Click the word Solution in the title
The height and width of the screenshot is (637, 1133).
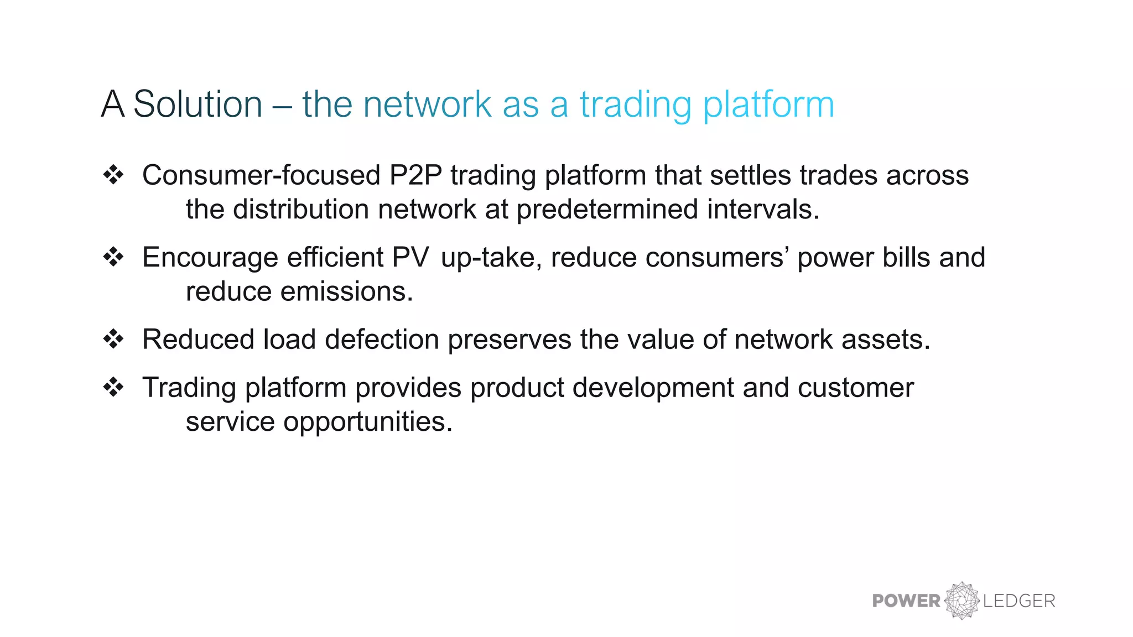(198, 104)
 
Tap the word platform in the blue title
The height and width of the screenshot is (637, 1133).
(768, 105)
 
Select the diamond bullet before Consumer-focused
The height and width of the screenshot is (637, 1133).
(113, 175)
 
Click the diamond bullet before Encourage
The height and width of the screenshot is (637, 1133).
(113, 257)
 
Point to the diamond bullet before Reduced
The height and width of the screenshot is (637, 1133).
(113, 339)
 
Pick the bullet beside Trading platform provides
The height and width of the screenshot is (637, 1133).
(113, 387)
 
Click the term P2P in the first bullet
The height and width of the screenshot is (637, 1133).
(415, 175)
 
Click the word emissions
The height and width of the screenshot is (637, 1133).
(346, 291)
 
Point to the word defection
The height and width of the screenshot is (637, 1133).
(382, 340)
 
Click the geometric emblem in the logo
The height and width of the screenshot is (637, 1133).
(962, 601)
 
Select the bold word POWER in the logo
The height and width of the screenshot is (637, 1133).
(906, 601)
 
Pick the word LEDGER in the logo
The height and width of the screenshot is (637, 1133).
(1019, 601)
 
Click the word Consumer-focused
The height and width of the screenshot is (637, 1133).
(261, 175)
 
